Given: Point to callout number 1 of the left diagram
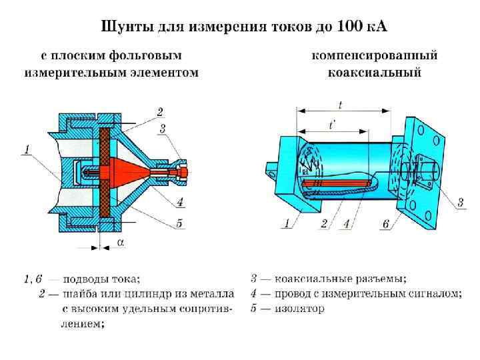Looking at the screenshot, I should (26, 150).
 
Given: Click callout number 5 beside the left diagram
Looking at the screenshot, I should (179, 223).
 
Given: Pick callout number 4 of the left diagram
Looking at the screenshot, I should (180, 202).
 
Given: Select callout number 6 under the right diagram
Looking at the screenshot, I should (385, 224).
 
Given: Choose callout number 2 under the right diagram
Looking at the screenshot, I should (323, 224).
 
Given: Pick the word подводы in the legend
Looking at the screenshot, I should (87, 278).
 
